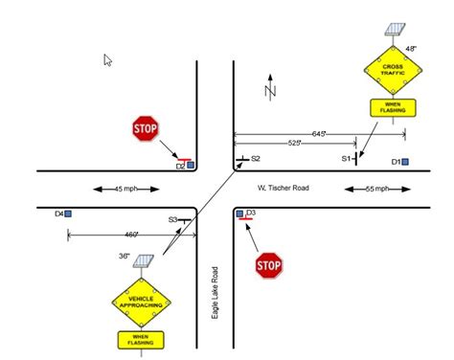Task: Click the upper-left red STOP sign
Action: [145, 128]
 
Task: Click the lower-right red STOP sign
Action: [269, 265]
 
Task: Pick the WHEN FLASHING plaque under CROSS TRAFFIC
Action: [391, 107]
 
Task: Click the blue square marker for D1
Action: [405, 162]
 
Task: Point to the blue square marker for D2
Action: [191, 166]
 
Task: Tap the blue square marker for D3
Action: [239, 214]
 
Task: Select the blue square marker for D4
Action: [68, 213]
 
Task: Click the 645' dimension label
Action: [320, 132]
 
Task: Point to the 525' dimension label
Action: [295, 143]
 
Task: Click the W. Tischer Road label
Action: [283, 188]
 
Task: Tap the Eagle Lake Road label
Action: [217, 293]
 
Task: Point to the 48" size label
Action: [411, 48]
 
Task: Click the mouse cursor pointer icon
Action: [108, 60]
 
